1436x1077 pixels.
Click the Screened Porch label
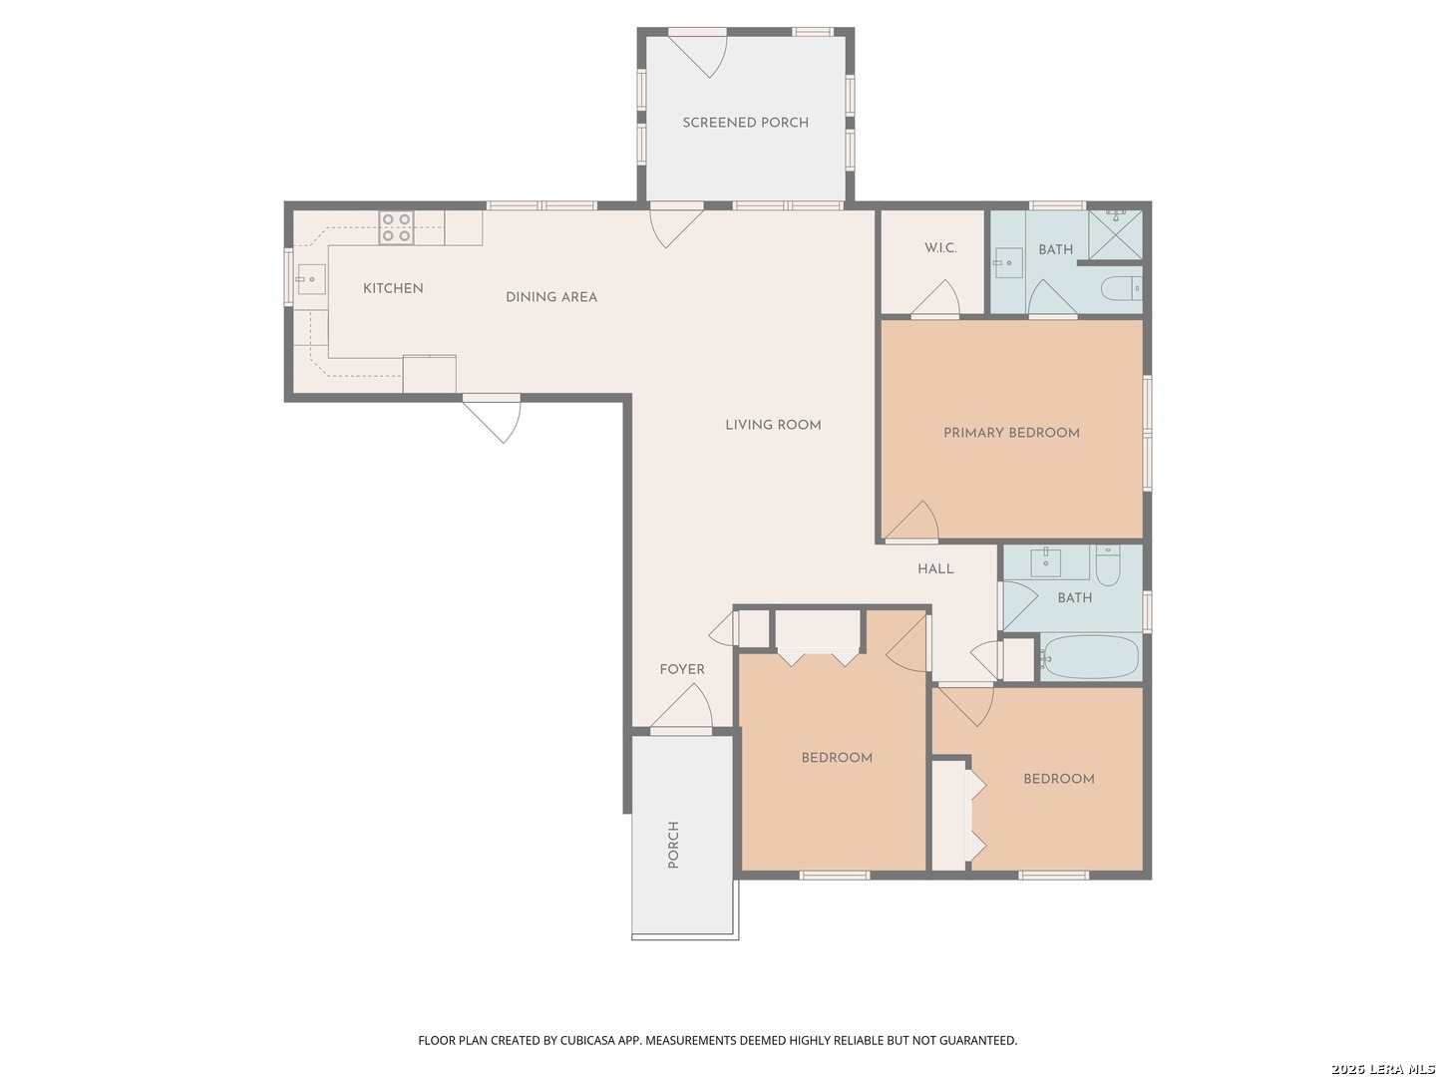coord(745,123)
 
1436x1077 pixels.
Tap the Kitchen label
coord(393,288)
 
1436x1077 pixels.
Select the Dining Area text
coord(550,297)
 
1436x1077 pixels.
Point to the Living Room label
coord(773,425)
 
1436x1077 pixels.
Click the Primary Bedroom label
coord(1011,432)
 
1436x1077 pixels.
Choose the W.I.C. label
coord(940,248)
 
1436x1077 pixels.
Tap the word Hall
coord(934,568)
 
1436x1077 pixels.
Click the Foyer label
coord(682,669)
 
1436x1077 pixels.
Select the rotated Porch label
coord(672,845)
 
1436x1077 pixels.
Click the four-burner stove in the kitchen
coord(396,227)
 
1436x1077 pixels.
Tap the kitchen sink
coord(311,279)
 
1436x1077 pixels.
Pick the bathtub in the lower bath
coord(1090,656)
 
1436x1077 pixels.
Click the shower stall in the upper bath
coord(1115,234)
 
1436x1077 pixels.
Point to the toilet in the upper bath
coord(1121,288)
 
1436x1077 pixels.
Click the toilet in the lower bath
coord(1108,565)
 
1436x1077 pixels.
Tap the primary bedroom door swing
coord(913,522)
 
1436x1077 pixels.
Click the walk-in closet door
coord(935,298)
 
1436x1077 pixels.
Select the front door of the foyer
coord(682,706)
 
